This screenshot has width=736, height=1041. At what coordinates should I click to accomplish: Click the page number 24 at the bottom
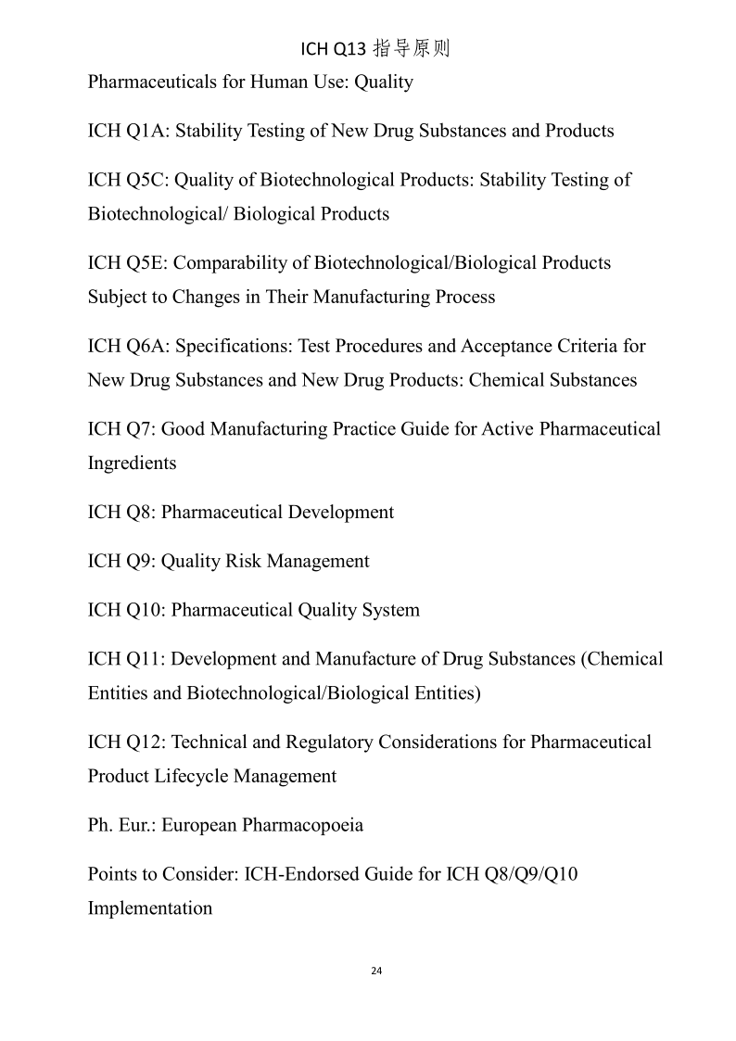[x=375, y=971]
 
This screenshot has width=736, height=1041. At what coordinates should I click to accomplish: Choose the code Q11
[x=143, y=659]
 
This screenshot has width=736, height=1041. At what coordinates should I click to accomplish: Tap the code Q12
[x=143, y=743]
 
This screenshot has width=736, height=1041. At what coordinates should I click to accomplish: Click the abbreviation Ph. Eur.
[x=121, y=825]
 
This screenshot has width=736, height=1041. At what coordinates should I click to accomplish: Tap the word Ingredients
[x=132, y=463]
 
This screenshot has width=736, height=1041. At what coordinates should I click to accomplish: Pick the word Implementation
[x=149, y=908]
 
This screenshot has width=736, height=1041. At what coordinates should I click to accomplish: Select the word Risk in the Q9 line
[x=245, y=562]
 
